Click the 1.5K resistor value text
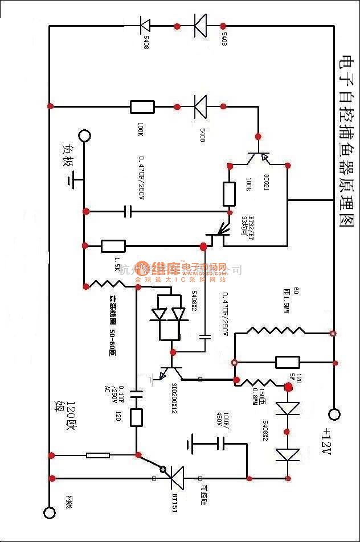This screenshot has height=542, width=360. [118, 263]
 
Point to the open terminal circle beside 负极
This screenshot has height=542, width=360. [84, 135]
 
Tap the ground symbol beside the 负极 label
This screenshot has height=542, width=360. [72, 180]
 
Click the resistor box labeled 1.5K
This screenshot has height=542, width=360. [113, 246]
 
